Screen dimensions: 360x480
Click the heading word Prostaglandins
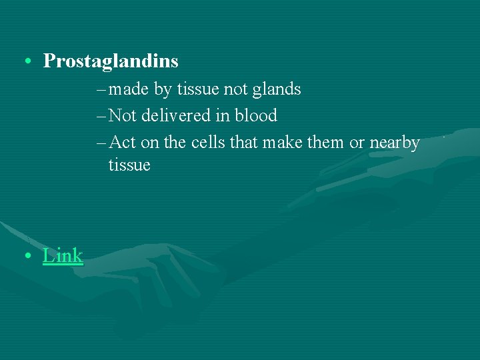[111, 61]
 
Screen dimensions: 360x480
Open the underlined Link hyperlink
[63, 255]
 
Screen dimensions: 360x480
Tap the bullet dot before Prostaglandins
[25, 62]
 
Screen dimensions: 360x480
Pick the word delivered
[175, 116]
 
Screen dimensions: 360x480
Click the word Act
[122, 143]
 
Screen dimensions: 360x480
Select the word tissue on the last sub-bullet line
[129, 165]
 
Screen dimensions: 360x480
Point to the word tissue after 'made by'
[199, 89]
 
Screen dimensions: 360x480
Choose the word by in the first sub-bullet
[163, 89]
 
